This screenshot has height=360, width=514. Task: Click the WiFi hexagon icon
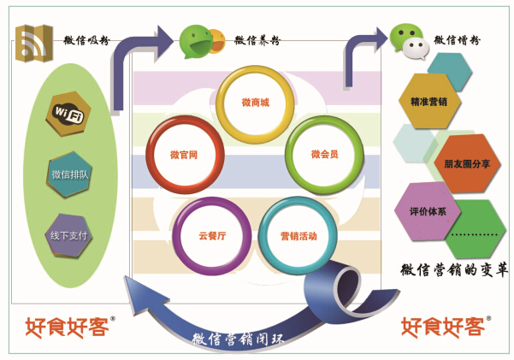68,114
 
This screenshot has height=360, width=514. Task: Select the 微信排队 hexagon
68,174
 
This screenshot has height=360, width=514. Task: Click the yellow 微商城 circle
255,104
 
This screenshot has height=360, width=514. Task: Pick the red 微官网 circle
185,155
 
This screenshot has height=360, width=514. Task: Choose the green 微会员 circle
324,155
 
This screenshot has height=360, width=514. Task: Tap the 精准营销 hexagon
429,100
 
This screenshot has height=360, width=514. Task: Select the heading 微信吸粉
86,39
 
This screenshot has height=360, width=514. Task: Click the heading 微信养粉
257,39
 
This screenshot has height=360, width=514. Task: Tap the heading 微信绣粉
457,39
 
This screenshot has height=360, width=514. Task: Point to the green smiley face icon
196,38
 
